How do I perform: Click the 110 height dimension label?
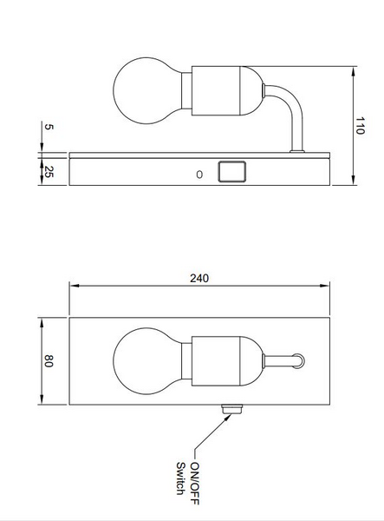[360, 125]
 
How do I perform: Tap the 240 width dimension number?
[199, 278]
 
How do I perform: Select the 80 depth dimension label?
[49, 361]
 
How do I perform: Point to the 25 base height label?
[49, 172]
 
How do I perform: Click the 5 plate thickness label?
[49, 127]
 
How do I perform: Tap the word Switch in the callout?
[180, 478]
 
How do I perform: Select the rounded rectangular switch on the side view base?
[231, 171]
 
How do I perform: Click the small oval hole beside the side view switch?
[199, 175]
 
